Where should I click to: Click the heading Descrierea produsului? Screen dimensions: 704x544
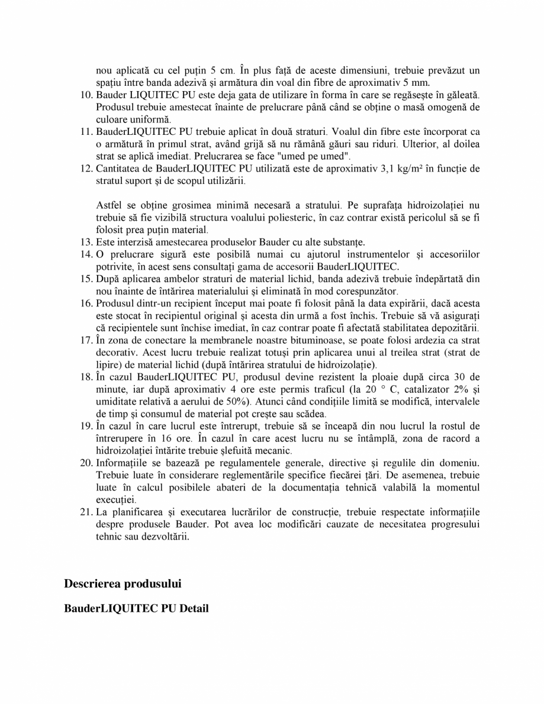[x=123, y=583]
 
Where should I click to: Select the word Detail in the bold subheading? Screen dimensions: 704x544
[x=193, y=608]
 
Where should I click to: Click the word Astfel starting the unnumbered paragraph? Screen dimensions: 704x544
[x=108, y=205]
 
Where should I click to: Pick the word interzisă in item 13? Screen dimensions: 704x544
[x=133, y=242]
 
